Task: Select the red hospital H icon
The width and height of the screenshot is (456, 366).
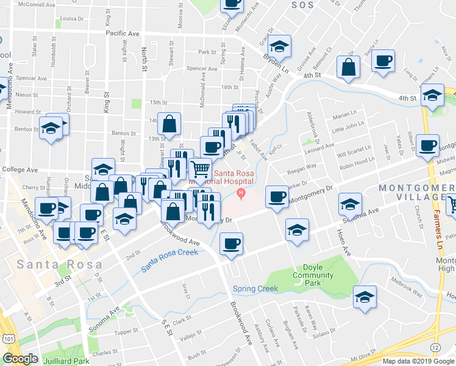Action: pyautogui.click(x=241, y=194)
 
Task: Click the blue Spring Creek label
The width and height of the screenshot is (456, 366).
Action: pyautogui.click(x=255, y=289)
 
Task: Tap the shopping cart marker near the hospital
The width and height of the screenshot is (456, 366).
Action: pyautogui.click(x=201, y=169)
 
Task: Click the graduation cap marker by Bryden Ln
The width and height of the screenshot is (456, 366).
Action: pyautogui.click(x=279, y=46)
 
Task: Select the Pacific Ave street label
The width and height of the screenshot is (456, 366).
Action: pyautogui.click(x=123, y=34)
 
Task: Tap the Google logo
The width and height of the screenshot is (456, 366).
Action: pyautogui.click(x=20, y=359)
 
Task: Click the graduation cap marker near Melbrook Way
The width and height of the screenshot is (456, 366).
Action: pyautogui.click(x=365, y=296)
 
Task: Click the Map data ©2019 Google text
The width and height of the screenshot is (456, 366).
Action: pyautogui.click(x=418, y=361)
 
